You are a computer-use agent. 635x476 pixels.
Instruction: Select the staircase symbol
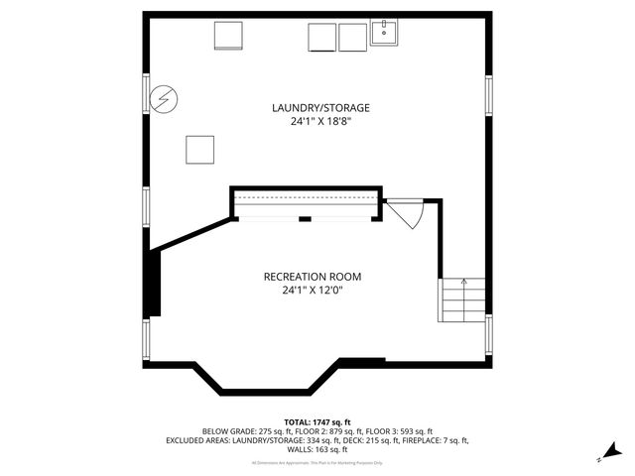pyautogui.click(x=462, y=299)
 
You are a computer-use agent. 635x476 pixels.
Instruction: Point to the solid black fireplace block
pyautogui.click(x=153, y=283)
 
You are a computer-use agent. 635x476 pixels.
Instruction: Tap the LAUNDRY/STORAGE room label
pyautogui.click(x=316, y=107)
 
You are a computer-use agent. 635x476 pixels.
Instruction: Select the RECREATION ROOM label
pyautogui.click(x=312, y=276)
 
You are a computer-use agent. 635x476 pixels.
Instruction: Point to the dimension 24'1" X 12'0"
pyautogui.click(x=312, y=291)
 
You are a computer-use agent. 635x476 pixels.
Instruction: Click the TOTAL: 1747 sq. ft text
pyautogui.click(x=317, y=420)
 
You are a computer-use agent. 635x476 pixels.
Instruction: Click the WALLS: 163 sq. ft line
pyautogui.click(x=317, y=449)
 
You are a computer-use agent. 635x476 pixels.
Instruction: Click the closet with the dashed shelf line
pyautogui.click(x=307, y=203)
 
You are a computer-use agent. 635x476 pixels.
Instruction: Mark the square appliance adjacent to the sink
pyautogui.click(x=352, y=37)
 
